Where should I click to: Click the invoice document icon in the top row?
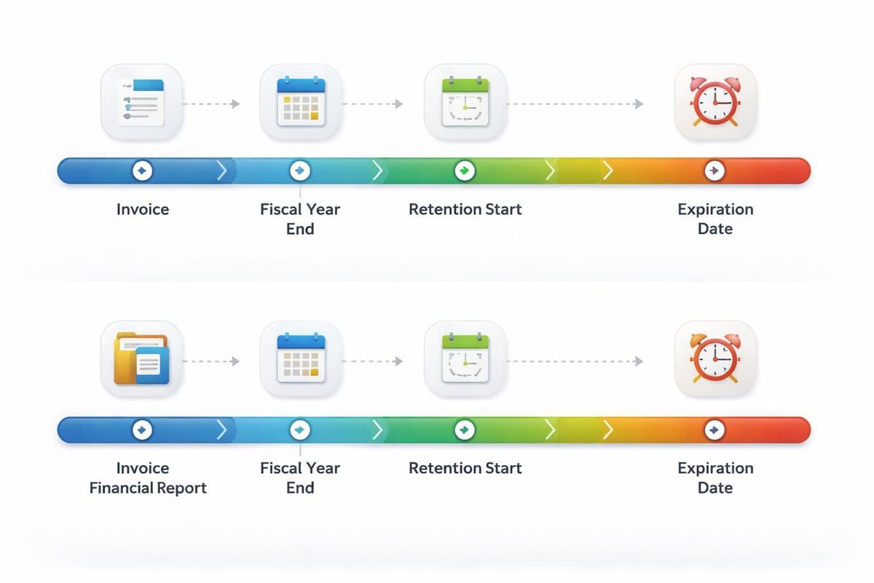[141, 101]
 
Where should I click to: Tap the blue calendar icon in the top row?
[301, 101]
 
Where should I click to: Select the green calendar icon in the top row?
[465, 101]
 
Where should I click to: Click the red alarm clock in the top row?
[715, 101]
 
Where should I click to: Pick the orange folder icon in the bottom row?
[141, 359]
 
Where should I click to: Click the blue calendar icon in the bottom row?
[301, 359]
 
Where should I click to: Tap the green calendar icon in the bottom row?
[465, 359]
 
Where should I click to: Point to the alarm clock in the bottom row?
[715, 359]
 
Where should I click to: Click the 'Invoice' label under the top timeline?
[143, 210]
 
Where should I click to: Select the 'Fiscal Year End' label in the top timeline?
[300, 219]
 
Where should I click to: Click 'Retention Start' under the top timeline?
[465, 210]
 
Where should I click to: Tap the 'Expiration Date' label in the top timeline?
[715, 219]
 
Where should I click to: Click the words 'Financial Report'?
[148, 488]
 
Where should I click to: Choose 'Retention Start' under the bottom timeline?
[465, 469]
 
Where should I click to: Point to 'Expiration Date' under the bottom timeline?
[715, 478]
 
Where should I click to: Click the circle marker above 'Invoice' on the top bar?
[142, 171]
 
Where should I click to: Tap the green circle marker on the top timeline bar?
[464, 171]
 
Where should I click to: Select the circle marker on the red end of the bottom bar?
[714, 430]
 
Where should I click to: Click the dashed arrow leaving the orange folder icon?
[211, 361]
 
